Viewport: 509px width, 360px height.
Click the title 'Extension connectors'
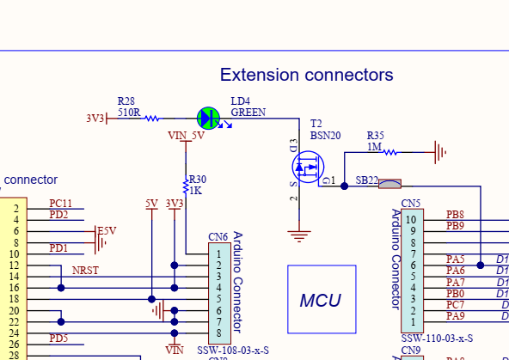pyautogui.click(x=306, y=75)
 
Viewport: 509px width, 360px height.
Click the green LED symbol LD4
pyautogui.click(x=208, y=118)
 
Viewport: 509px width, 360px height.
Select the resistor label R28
pyautogui.click(x=126, y=101)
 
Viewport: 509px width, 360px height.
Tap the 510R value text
pyautogui.click(x=129, y=112)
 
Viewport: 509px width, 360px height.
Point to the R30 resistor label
pyautogui.click(x=198, y=179)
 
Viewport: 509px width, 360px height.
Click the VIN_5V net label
pyautogui.click(x=187, y=135)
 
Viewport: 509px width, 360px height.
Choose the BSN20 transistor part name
pyautogui.click(x=326, y=135)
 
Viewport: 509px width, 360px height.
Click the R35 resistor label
pyautogui.click(x=376, y=136)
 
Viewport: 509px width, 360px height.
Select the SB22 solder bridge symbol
pyautogui.click(x=390, y=182)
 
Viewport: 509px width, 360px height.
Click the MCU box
pyautogui.click(x=321, y=300)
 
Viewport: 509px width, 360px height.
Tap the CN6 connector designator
pyautogui.click(x=218, y=236)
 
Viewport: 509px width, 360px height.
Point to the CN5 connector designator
pyautogui.click(x=411, y=204)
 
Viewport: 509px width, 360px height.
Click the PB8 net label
pyautogui.click(x=455, y=214)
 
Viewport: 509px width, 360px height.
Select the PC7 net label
pyautogui.click(x=455, y=305)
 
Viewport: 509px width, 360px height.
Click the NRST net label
pyautogui.click(x=85, y=271)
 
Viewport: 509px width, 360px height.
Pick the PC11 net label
pyautogui.click(x=60, y=204)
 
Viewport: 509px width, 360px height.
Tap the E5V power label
pyautogui.click(x=107, y=231)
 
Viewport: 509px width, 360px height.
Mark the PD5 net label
pyautogui.click(x=58, y=338)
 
